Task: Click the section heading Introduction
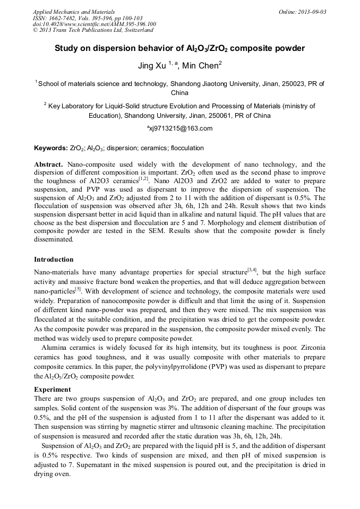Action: (x=54, y=260)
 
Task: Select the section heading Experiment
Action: (x=53, y=390)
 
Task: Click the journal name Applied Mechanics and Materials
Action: (x=73, y=12)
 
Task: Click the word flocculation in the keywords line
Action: (x=185, y=148)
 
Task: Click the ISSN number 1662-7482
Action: (x=62, y=18)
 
